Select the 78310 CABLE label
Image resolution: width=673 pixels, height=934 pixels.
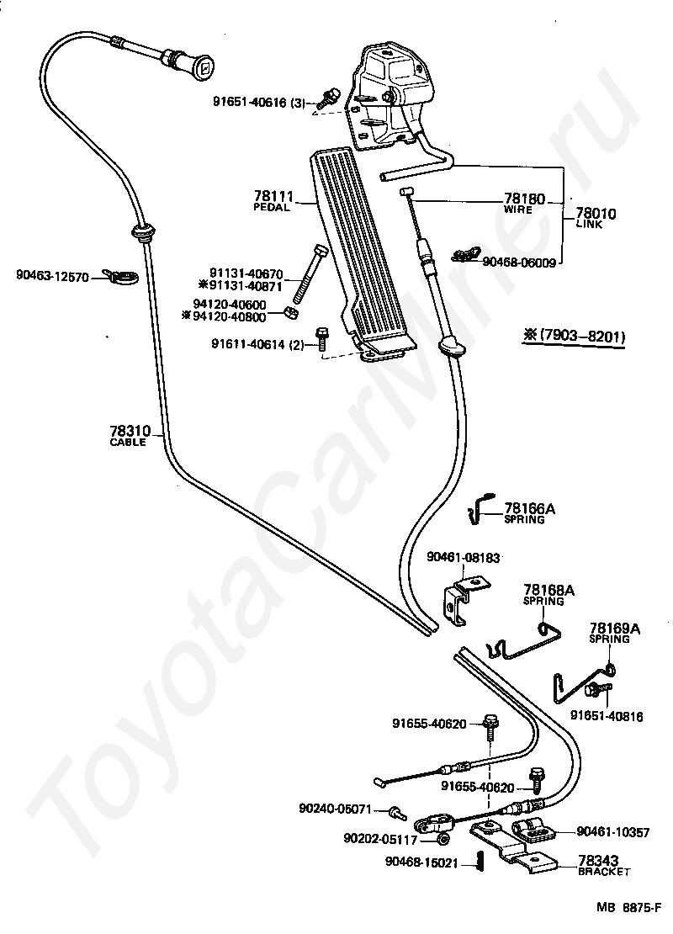(129, 435)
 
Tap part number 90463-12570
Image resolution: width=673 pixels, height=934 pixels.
(52, 275)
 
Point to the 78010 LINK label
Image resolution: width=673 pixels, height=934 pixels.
(596, 218)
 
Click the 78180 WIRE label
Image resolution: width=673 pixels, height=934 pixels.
(524, 203)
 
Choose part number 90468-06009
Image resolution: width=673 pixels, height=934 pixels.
(519, 262)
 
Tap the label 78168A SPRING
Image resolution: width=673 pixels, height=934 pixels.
(548, 594)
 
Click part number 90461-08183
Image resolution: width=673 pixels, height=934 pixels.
(463, 556)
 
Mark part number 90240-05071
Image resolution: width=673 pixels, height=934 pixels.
(334, 809)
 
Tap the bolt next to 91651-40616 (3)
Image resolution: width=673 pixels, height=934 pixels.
(331, 98)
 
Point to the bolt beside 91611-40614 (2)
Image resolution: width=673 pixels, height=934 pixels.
(321, 337)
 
